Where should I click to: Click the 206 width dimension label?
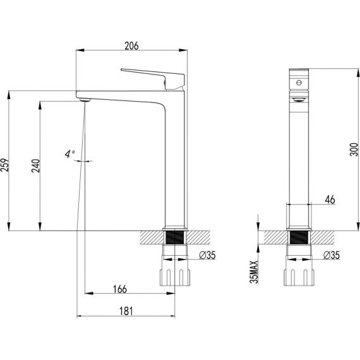(131, 46)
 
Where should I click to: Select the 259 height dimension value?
(5, 165)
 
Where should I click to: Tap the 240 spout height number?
(36, 165)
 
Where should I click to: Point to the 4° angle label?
(70, 154)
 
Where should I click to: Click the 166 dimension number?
(120, 289)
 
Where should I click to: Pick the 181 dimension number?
(126, 311)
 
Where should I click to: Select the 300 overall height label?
(354, 150)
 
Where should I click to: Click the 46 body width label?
(330, 200)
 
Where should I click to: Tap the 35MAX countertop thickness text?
(255, 272)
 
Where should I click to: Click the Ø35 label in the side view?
(332, 255)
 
